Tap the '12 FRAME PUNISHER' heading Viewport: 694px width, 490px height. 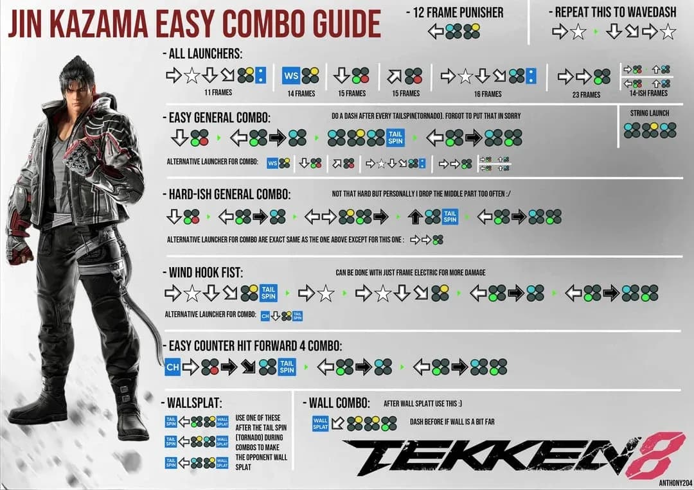(455, 12)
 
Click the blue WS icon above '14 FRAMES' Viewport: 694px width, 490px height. (292, 76)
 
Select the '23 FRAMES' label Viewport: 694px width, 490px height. (586, 94)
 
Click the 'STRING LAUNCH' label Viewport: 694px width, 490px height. (650, 113)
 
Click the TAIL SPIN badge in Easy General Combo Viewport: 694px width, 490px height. (395, 137)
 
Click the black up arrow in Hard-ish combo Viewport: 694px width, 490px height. (415, 217)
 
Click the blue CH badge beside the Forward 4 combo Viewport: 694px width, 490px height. (172, 367)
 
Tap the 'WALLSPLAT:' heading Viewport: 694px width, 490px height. (192, 403)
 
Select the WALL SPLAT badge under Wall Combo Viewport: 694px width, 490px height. (320, 423)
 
